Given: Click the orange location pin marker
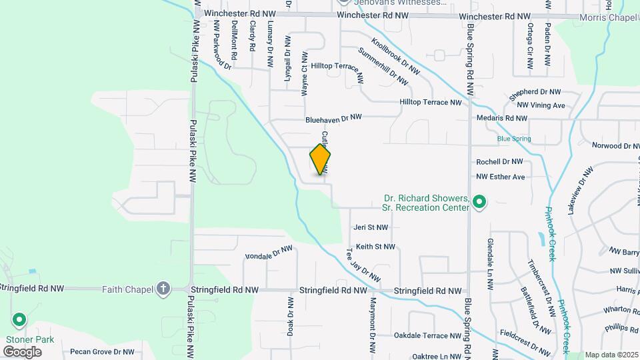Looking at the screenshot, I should pyautogui.click(x=320, y=159).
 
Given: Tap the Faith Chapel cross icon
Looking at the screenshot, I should pyautogui.click(x=163, y=289).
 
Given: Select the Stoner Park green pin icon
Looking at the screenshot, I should pyautogui.click(x=19, y=321).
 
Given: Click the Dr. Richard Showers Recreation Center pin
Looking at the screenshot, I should pyautogui.click(x=478, y=201).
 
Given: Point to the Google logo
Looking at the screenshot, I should pyautogui.click(x=23, y=351).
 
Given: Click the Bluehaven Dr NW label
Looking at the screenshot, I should pyautogui.click(x=333, y=118).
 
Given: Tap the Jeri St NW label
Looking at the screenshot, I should pyautogui.click(x=371, y=227).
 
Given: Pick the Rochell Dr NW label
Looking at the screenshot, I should pyautogui.click(x=499, y=161).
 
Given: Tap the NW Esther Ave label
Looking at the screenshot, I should pyautogui.click(x=500, y=177).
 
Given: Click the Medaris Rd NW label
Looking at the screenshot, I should pyautogui.click(x=502, y=118).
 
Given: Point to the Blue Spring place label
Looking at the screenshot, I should pyautogui.click(x=514, y=139).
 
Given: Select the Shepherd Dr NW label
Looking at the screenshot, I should pyautogui.click(x=535, y=94).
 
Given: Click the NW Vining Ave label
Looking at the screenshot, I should pyautogui.click(x=541, y=105).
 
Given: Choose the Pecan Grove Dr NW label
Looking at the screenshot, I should pyautogui.click(x=102, y=351).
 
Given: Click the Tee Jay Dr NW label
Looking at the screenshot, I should pyautogui.click(x=363, y=265).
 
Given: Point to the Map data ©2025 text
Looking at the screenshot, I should pyautogui.click(x=611, y=355).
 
